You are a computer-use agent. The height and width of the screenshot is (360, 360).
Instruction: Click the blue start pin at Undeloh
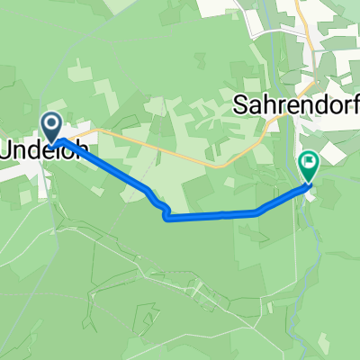(x=51, y=126)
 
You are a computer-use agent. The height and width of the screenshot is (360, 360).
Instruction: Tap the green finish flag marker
(x=309, y=165)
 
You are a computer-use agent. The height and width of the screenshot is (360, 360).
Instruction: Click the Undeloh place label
(x=45, y=150)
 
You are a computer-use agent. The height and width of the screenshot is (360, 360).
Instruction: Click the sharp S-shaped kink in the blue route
(x=165, y=207)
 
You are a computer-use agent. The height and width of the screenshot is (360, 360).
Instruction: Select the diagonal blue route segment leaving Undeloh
(x=103, y=164)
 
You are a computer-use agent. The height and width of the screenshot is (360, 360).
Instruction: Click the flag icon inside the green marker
(x=309, y=162)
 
